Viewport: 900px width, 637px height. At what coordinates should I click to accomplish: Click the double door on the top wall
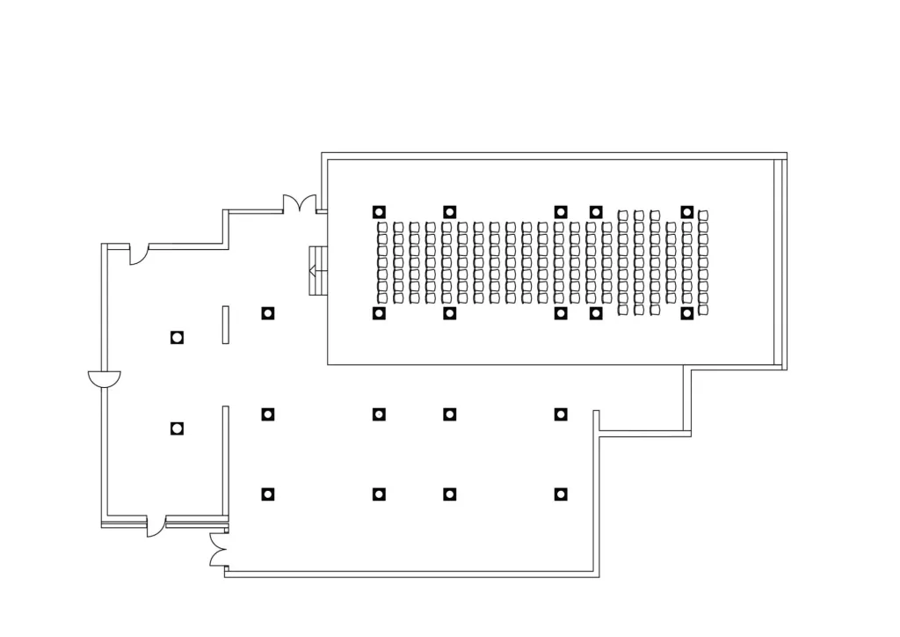click(x=299, y=203)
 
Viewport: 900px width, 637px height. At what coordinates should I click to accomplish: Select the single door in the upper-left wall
click(x=138, y=254)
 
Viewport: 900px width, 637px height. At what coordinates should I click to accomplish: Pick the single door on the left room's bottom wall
click(x=156, y=526)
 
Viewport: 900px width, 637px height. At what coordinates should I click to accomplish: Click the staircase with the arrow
click(x=317, y=272)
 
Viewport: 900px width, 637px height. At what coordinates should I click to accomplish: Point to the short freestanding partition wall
click(x=226, y=324)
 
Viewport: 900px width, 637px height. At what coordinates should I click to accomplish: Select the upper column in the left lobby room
click(x=177, y=337)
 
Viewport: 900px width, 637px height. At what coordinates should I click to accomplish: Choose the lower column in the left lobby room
click(x=177, y=428)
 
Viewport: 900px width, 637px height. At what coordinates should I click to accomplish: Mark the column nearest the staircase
click(x=267, y=312)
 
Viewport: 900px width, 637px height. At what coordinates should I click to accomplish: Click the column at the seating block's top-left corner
click(x=379, y=211)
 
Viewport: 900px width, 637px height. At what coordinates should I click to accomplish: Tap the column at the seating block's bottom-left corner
click(x=379, y=312)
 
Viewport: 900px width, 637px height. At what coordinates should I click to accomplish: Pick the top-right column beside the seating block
click(x=687, y=211)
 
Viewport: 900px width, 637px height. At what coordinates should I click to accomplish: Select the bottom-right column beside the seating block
click(x=687, y=312)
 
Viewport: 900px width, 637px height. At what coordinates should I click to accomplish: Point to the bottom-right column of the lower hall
click(x=560, y=494)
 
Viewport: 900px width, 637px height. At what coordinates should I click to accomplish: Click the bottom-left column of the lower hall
click(x=267, y=494)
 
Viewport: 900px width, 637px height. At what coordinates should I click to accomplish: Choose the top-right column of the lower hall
click(x=560, y=414)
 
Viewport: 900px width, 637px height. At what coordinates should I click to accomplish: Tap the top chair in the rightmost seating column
click(x=703, y=216)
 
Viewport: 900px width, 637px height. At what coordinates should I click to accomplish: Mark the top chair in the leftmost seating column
click(x=383, y=227)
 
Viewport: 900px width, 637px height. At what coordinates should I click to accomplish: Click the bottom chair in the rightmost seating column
click(x=703, y=310)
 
